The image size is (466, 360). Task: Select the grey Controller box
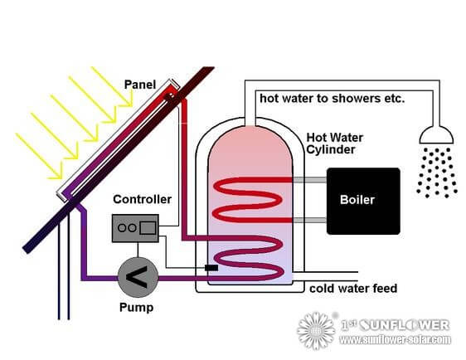click(x=134, y=226)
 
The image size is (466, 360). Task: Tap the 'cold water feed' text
click(x=353, y=289)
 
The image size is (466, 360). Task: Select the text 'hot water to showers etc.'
click(x=332, y=98)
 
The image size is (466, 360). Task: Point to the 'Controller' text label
click(x=143, y=199)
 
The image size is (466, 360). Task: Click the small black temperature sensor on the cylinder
click(x=211, y=268)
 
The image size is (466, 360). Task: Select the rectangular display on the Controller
click(x=147, y=226)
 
